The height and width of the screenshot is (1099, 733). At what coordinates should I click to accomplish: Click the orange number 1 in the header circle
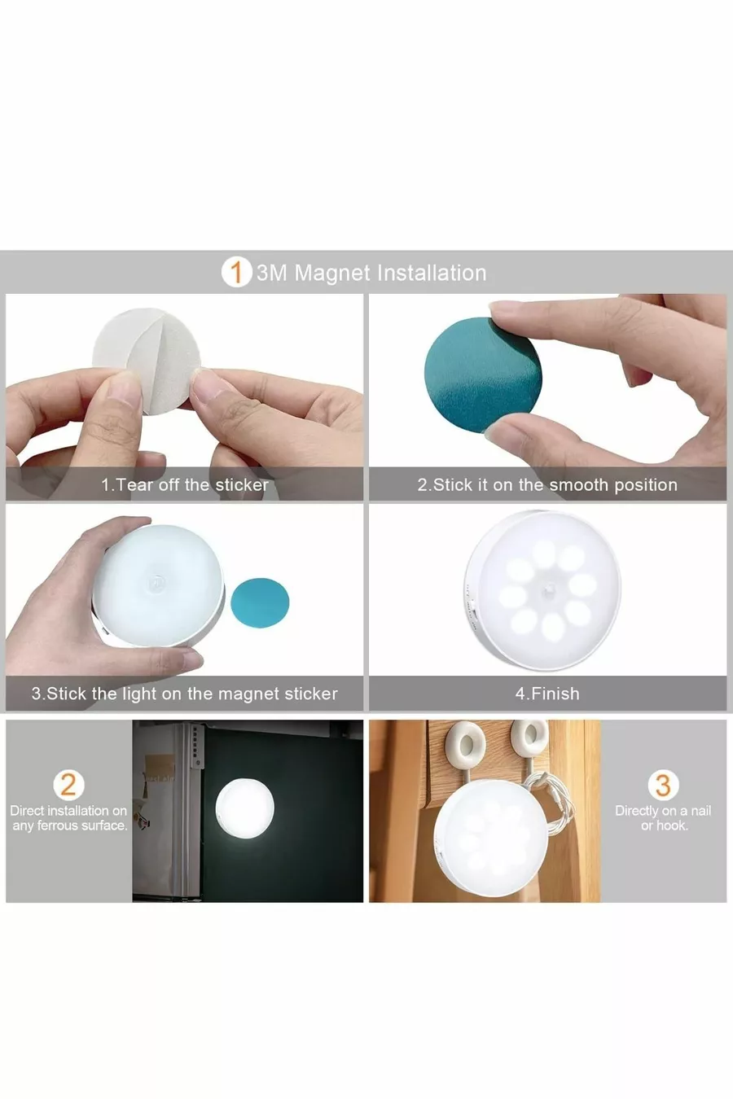pos(237,272)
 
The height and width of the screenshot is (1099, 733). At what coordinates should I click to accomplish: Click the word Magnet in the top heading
pos(332,273)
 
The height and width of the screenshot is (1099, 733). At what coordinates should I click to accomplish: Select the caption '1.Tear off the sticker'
pos(185,484)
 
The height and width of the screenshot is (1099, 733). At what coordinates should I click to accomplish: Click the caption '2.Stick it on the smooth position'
pos(547,484)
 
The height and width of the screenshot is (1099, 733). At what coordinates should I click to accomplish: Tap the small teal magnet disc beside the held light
pos(260,602)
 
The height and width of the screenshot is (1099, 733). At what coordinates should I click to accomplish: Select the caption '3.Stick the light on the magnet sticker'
pos(185,694)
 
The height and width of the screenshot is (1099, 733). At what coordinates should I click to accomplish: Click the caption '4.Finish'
pos(547,694)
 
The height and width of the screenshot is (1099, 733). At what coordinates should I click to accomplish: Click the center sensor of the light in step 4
pos(550,586)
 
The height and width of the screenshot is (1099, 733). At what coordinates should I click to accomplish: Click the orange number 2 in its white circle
pos(68,785)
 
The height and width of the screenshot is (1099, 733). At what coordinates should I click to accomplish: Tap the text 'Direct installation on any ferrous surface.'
pos(68,818)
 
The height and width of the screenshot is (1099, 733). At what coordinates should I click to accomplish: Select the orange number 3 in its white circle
pos(663,785)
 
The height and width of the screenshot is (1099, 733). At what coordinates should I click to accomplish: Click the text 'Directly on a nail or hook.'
pos(663,818)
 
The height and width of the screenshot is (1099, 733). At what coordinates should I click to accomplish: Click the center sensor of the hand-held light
pos(157,583)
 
